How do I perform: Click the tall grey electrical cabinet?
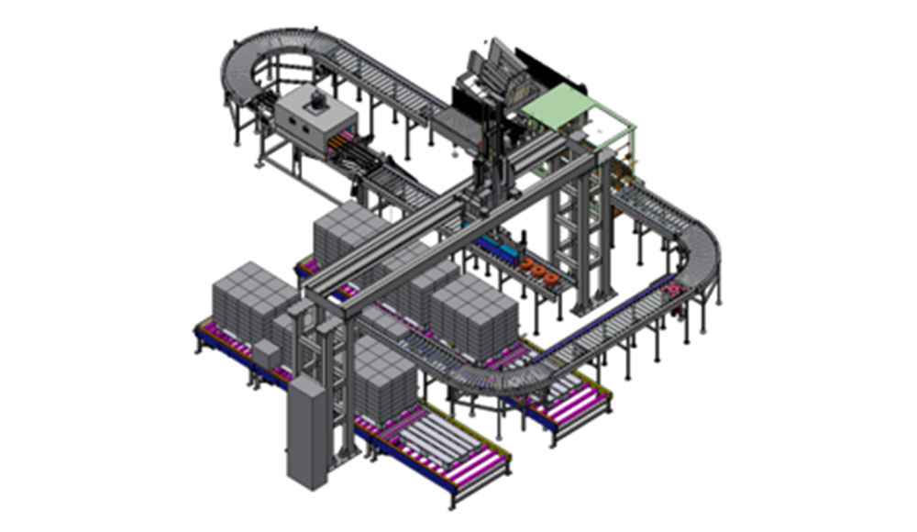(x=306, y=432)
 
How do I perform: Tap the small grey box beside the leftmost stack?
(x=267, y=354)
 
